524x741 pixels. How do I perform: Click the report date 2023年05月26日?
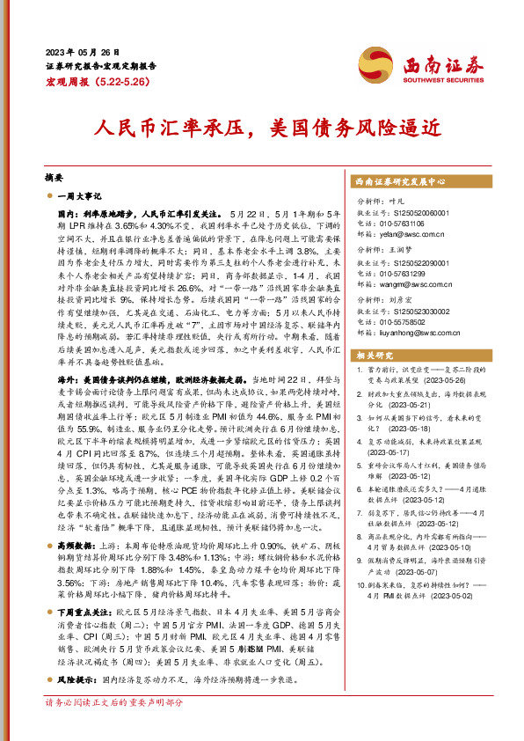84,52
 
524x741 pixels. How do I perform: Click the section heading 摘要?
54,177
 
